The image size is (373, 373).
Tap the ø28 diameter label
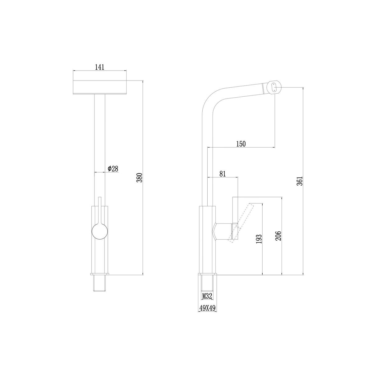(113, 168)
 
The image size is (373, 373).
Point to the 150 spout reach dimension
(241, 144)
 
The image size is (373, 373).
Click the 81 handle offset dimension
(223, 174)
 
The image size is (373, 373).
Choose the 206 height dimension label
(278, 236)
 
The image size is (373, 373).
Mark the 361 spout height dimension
(299, 181)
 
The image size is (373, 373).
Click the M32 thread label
(207, 296)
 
